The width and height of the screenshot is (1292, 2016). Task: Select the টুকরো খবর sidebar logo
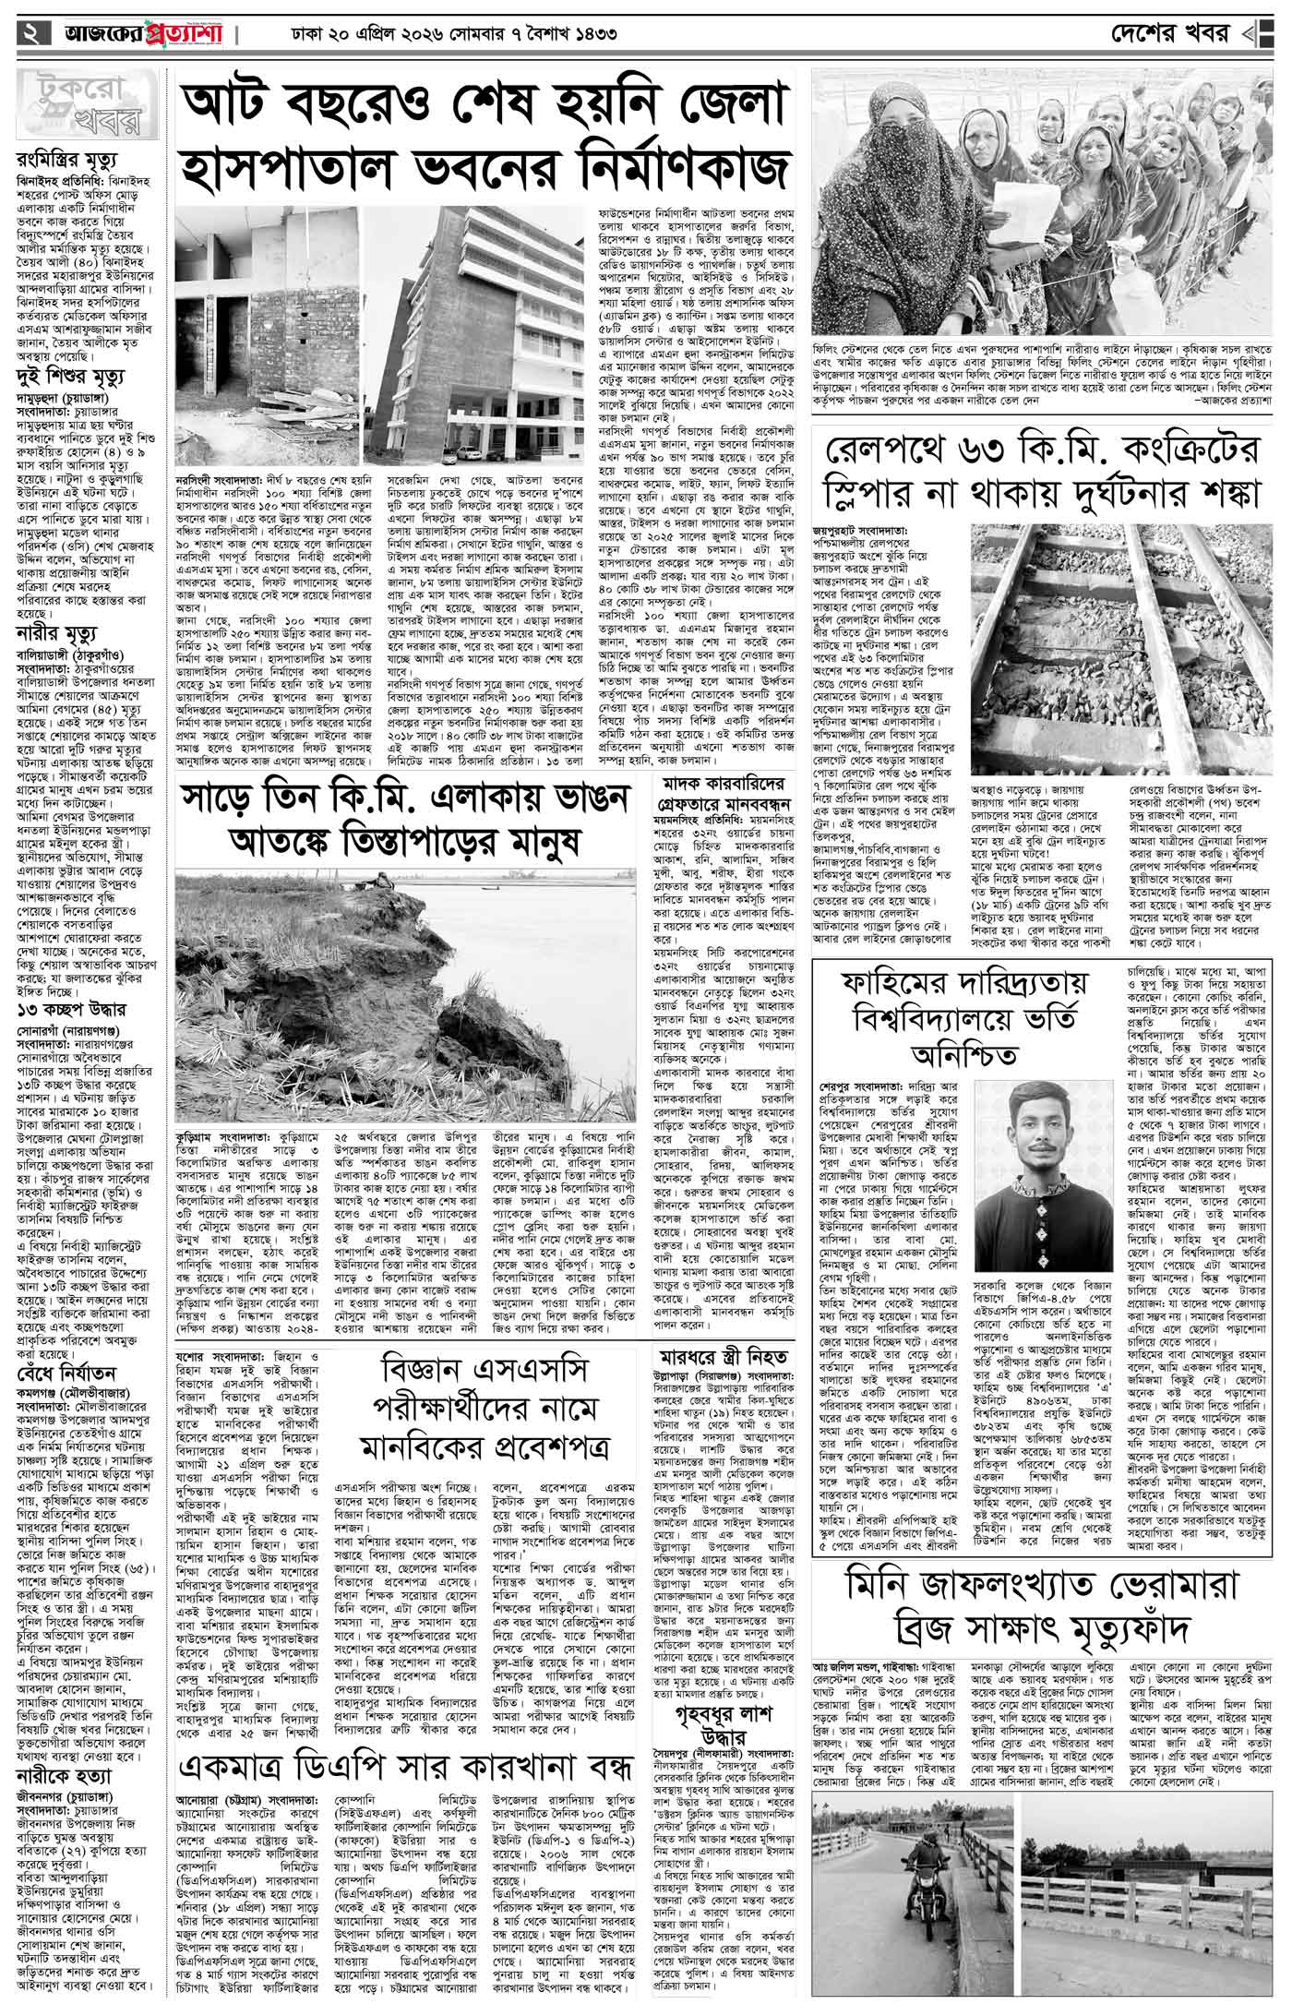[81, 102]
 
